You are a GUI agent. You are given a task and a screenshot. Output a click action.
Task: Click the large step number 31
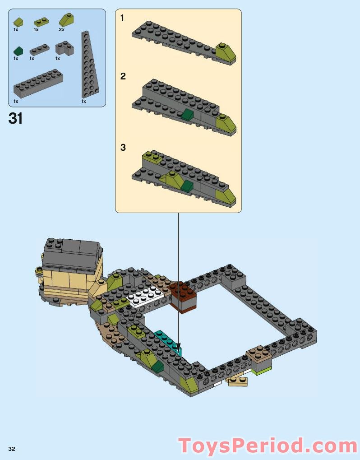15,119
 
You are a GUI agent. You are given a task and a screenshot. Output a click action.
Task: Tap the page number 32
12,449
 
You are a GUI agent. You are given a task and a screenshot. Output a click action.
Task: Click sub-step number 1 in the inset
122,19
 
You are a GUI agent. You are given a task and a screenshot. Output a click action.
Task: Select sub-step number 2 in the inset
123,76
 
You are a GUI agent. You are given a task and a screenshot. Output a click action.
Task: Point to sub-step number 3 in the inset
123,148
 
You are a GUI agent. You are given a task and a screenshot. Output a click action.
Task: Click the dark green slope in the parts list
18,51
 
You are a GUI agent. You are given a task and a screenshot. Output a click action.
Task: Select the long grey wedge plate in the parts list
89,65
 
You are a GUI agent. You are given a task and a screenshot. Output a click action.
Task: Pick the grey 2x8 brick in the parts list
38,84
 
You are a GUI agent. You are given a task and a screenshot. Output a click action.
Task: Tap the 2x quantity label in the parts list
61,30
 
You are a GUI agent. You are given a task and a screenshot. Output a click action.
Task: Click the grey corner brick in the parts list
65,48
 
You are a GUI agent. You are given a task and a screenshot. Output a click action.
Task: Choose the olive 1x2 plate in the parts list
42,22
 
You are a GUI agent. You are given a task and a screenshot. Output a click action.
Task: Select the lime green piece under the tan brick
261,371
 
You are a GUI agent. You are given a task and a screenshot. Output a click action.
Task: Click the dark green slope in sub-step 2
187,115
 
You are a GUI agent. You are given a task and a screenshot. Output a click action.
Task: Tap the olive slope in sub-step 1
226,52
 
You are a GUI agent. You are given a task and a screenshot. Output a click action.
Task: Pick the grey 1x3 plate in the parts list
39,50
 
